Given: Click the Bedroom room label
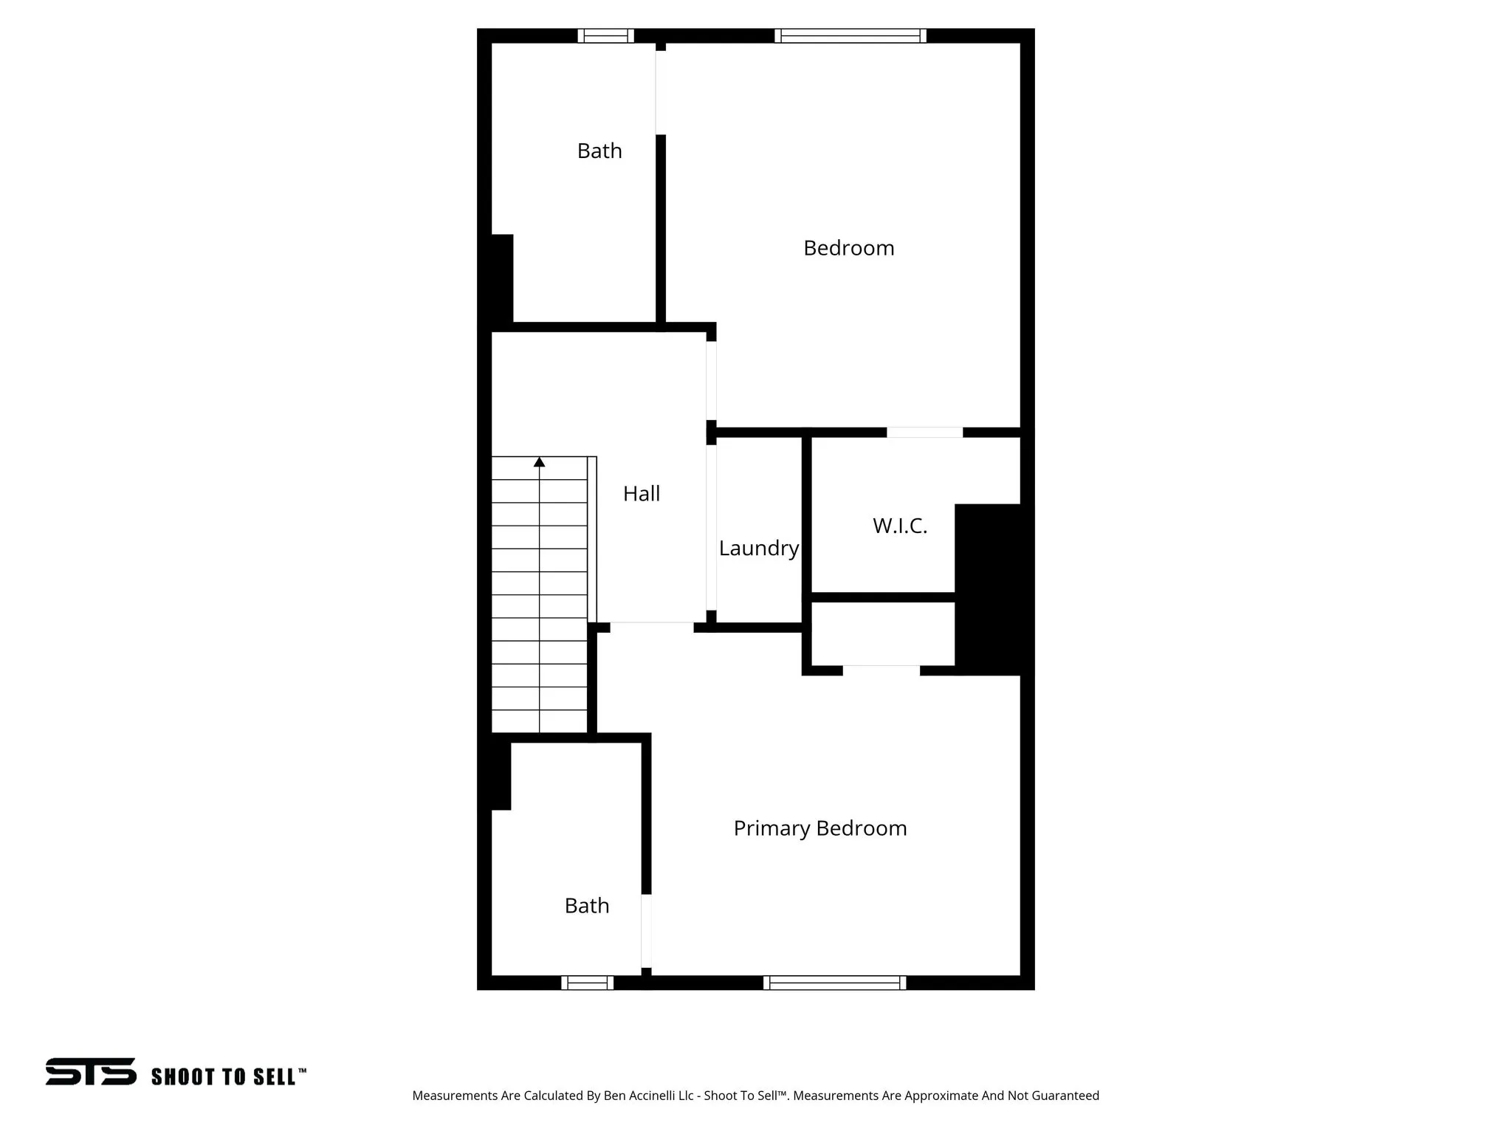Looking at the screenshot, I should (848, 248).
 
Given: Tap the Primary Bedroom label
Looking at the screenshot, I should (819, 828).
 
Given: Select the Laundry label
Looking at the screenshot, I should (758, 548).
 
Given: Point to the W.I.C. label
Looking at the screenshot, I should (899, 526).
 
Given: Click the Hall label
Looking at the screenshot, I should (641, 494).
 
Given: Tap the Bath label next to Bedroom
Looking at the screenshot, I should (599, 151).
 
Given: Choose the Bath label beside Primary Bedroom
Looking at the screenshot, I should (586, 906).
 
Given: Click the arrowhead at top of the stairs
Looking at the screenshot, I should (540, 462).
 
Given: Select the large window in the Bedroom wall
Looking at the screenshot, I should (850, 35).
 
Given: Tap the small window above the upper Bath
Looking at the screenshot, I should (605, 35).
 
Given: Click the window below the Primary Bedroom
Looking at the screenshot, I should (834, 983).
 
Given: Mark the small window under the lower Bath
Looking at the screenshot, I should (587, 983).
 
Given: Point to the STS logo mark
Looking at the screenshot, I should (91, 1071).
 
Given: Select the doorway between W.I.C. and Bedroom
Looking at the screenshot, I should (924, 433).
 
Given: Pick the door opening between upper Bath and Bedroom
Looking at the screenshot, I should (661, 92).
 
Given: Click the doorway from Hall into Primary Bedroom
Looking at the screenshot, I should (651, 628).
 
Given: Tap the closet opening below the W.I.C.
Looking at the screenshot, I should (881, 670).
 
